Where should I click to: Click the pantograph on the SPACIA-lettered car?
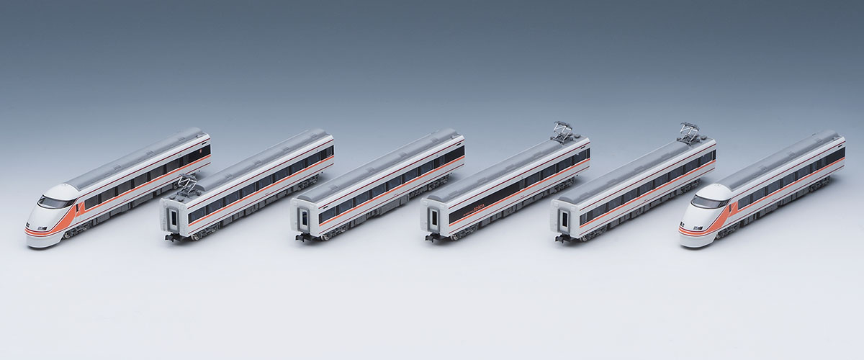(563, 132)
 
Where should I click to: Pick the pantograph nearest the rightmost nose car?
(688, 133)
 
